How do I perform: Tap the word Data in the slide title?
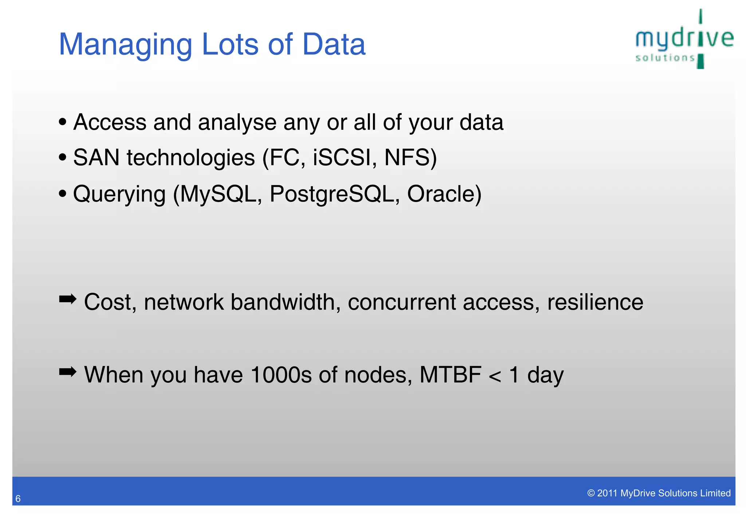(334, 44)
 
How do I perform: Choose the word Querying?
(119, 194)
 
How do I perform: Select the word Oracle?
(441, 194)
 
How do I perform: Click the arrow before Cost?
(67, 300)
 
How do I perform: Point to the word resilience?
(595, 302)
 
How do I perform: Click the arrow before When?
(67, 372)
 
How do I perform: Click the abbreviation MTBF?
(450, 375)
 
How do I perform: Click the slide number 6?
(18, 499)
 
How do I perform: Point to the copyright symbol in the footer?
(591, 493)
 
